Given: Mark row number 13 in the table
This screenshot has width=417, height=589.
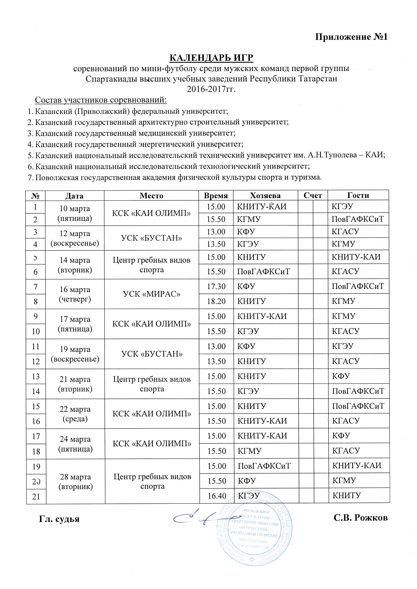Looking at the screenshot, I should click(36, 376).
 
